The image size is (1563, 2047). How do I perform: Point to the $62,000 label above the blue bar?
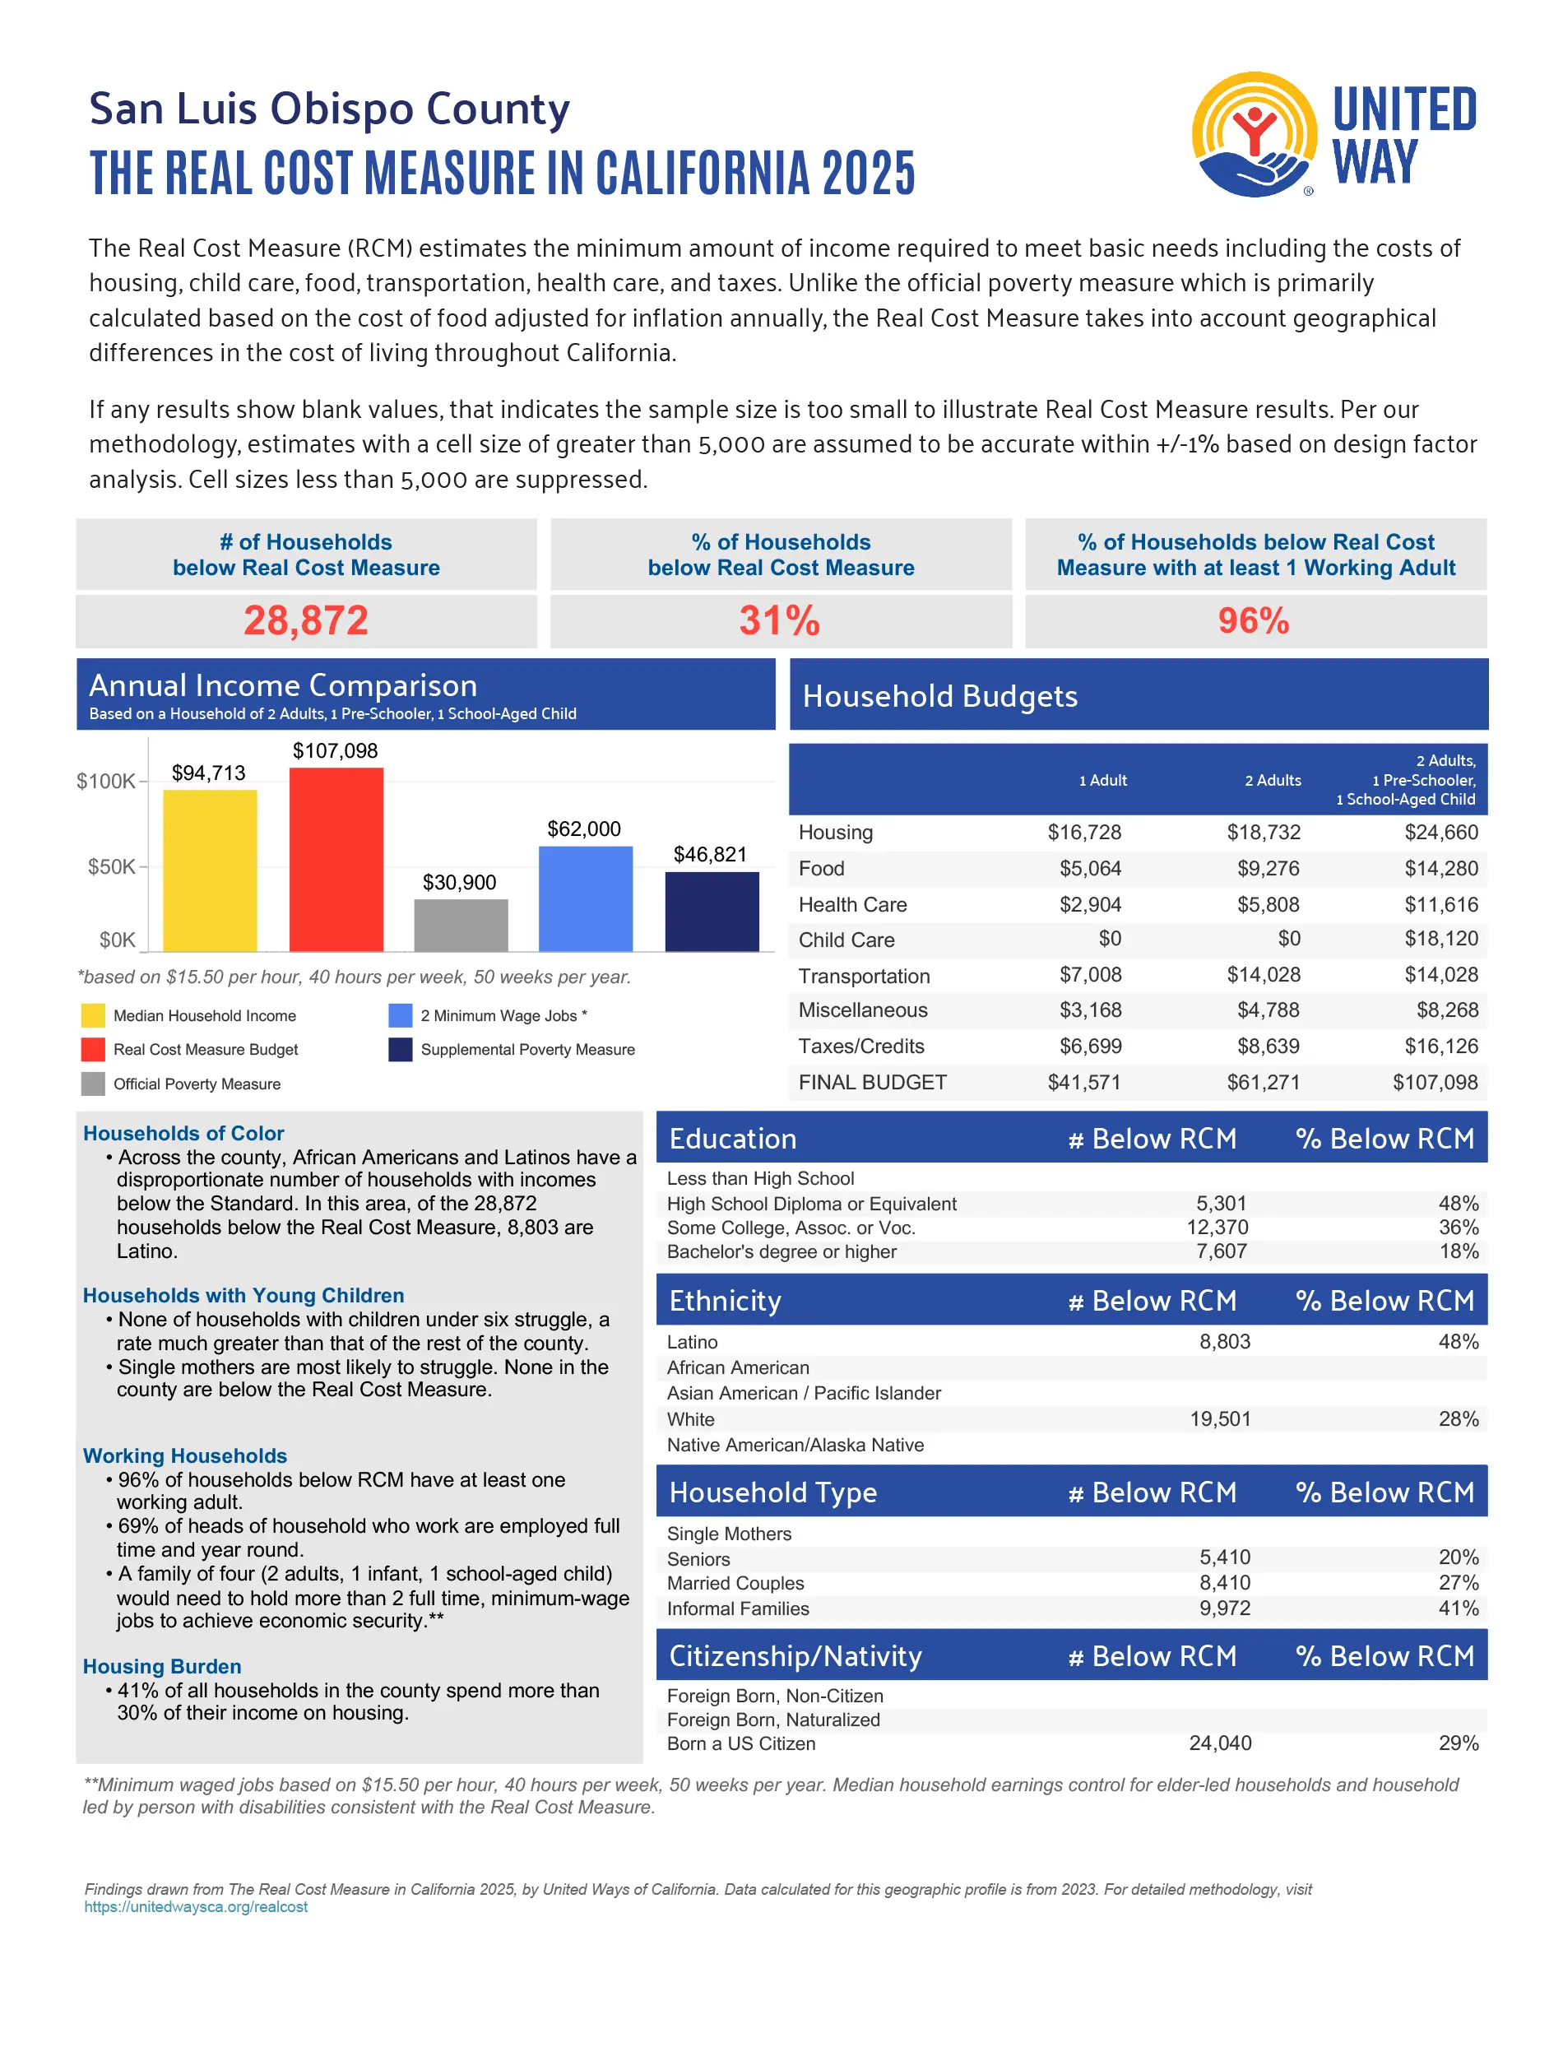(583, 829)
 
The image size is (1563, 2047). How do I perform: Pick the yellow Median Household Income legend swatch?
(93, 1015)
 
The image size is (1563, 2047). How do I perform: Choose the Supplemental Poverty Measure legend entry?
(526, 1050)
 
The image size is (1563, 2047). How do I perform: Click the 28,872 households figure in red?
(306, 620)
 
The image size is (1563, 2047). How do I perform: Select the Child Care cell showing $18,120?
(1440, 939)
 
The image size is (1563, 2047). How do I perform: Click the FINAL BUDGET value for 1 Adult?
(1084, 1082)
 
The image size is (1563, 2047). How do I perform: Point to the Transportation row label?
(864, 976)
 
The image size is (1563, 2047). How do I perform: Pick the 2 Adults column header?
(1272, 781)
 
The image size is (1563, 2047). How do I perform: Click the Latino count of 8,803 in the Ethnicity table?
(1223, 1342)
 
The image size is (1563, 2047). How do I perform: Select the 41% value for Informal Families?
(1458, 1608)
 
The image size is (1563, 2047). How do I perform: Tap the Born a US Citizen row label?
(740, 1743)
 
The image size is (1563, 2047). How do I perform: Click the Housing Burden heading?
(162, 1666)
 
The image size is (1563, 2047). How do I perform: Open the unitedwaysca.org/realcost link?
(196, 1906)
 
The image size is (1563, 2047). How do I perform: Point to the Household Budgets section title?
(939, 696)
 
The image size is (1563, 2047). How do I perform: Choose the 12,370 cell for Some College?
(1217, 1228)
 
